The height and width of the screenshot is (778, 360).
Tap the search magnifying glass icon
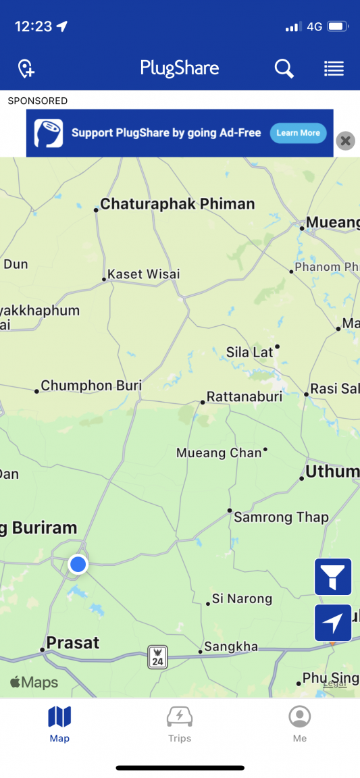(x=284, y=68)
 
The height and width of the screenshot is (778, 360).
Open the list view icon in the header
(x=334, y=68)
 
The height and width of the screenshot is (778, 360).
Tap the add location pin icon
(x=26, y=68)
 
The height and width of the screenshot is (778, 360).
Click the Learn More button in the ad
(x=298, y=133)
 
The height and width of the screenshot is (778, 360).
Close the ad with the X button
(x=345, y=140)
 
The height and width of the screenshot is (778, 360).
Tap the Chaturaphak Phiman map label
(x=177, y=204)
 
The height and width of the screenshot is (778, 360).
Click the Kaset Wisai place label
(x=144, y=274)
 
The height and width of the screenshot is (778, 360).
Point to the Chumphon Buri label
(x=91, y=386)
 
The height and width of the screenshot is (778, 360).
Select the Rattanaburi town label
(x=244, y=396)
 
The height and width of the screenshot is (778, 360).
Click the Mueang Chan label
(x=219, y=452)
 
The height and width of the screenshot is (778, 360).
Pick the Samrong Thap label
(x=281, y=518)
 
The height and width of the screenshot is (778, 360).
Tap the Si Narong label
(x=242, y=598)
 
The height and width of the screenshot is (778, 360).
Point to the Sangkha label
(x=231, y=647)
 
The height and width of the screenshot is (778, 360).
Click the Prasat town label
(x=72, y=642)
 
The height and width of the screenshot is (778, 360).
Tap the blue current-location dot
(x=78, y=564)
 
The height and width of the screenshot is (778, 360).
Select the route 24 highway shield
(x=157, y=656)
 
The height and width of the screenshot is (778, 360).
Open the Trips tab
(x=180, y=724)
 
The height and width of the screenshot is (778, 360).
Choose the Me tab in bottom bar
(x=300, y=724)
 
